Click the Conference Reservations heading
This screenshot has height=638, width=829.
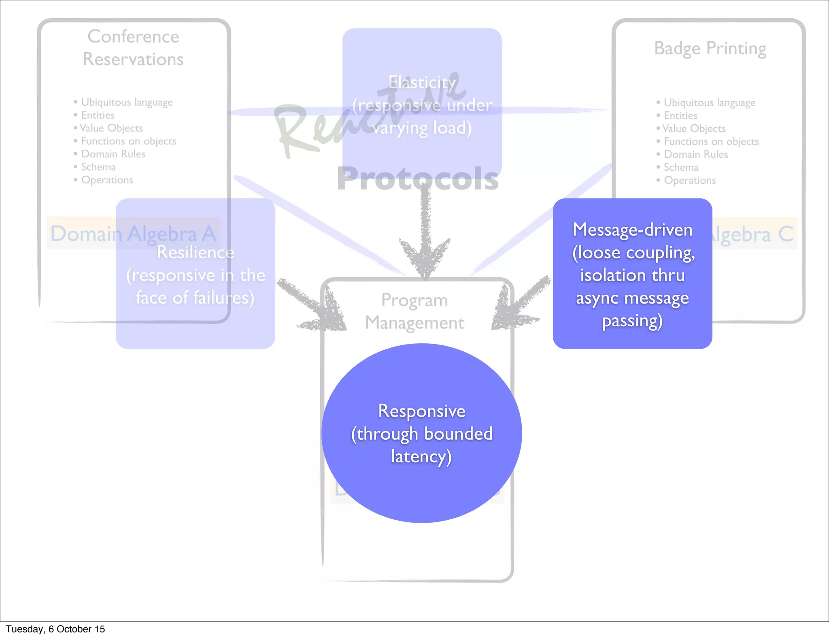(x=133, y=48)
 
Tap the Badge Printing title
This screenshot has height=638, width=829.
(x=710, y=49)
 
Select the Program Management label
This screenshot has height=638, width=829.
(x=414, y=311)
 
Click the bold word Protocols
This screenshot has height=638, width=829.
(x=417, y=179)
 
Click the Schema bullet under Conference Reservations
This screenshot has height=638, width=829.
(x=98, y=167)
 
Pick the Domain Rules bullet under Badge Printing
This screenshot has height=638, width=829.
(x=695, y=154)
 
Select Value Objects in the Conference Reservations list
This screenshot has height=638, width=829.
(x=111, y=128)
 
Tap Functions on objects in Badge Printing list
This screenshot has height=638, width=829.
(x=711, y=141)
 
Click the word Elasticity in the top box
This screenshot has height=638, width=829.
(x=422, y=83)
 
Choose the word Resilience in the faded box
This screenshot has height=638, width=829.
(x=195, y=253)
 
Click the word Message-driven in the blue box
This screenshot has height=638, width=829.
(x=632, y=230)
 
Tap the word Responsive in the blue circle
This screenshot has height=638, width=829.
(x=421, y=411)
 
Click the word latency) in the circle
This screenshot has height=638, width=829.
(x=421, y=457)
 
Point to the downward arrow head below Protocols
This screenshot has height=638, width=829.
(x=425, y=255)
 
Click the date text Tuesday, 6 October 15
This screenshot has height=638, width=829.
(x=55, y=629)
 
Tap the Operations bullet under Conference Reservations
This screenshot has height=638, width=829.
(x=107, y=180)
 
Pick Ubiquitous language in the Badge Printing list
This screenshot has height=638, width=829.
(x=709, y=102)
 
